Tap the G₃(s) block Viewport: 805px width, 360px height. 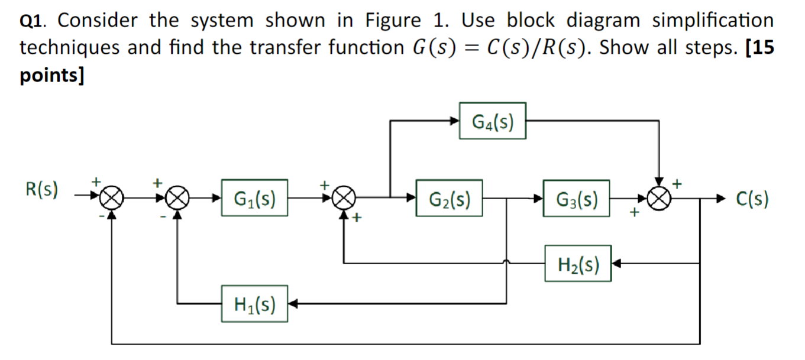[576, 199]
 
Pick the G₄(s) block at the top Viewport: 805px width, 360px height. [492, 121]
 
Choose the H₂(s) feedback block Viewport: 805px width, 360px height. [577, 264]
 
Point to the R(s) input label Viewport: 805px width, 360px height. [41, 190]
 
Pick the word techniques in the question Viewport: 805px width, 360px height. [71, 48]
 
